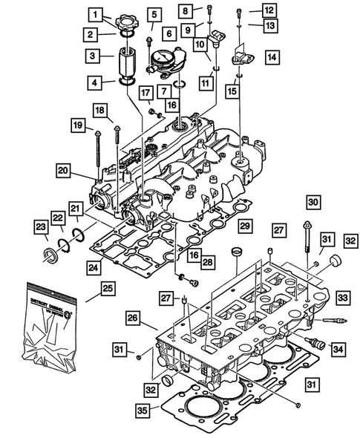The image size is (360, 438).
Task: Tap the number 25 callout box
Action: (x=107, y=287)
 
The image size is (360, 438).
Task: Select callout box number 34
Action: (x=338, y=348)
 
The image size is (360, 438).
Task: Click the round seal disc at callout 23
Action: (x=52, y=258)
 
